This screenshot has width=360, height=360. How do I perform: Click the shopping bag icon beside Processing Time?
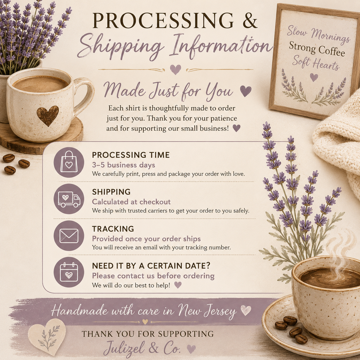coord(69,162)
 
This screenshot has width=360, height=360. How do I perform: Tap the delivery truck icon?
coord(69,199)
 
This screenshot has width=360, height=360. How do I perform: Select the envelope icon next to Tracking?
coord(69,236)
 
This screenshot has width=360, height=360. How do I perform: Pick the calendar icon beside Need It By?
coord(69,272)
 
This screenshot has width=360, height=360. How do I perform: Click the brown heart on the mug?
coord(48,116)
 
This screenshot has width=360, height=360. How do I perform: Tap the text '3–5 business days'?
coord(123,165)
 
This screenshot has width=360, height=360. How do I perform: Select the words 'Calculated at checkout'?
coord(131,202)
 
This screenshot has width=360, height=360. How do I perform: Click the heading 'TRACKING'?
coord(113,229)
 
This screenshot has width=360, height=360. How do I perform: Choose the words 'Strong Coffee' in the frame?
coord(317,49)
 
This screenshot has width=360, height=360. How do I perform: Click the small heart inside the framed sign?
coord(314,77)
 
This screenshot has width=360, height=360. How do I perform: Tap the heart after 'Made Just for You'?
coord(246,91)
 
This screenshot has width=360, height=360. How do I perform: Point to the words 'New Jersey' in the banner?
coord(207,311)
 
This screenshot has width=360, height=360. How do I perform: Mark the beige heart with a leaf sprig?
coord(47,336)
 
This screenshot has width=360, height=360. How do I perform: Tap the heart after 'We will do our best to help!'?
coord(178,285)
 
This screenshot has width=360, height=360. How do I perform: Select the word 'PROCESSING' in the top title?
coord(163,20)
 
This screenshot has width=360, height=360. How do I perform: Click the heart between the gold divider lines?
coord(175,69)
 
